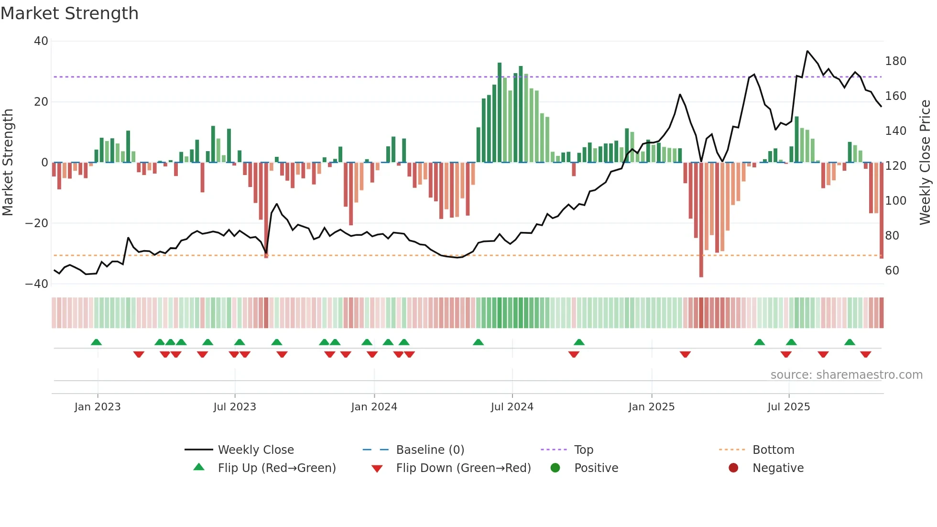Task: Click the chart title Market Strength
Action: pyautogui.click(x=69, y=13)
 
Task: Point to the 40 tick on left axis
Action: pyautogui.click(x=41, y=41)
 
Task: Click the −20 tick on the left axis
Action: pyautogui.click(x=37, y=223)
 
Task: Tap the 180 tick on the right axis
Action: pyautogui.click(x=895, y=61)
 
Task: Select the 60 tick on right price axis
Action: pyautogui.click(x=892, y=271)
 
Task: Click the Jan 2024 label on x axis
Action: pyautogui.click(x=374, y=407)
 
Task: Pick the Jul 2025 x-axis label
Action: pyautogui.click(x=788, y=407)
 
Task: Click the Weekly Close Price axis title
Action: pyautogui.click(x=925, y=162)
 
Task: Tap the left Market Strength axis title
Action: pyautogui.click(x=8, y=162)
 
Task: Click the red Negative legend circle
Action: pyautogui.click(x=733, y=468)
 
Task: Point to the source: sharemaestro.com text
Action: pyautogui.click(x=846, y=375)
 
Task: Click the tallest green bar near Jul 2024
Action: pyautogui.click(x=500, y=112)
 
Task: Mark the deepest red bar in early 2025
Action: pyautogui.click(x=701, y=220)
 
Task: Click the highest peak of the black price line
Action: pyautogui.click(x=807, y=51)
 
